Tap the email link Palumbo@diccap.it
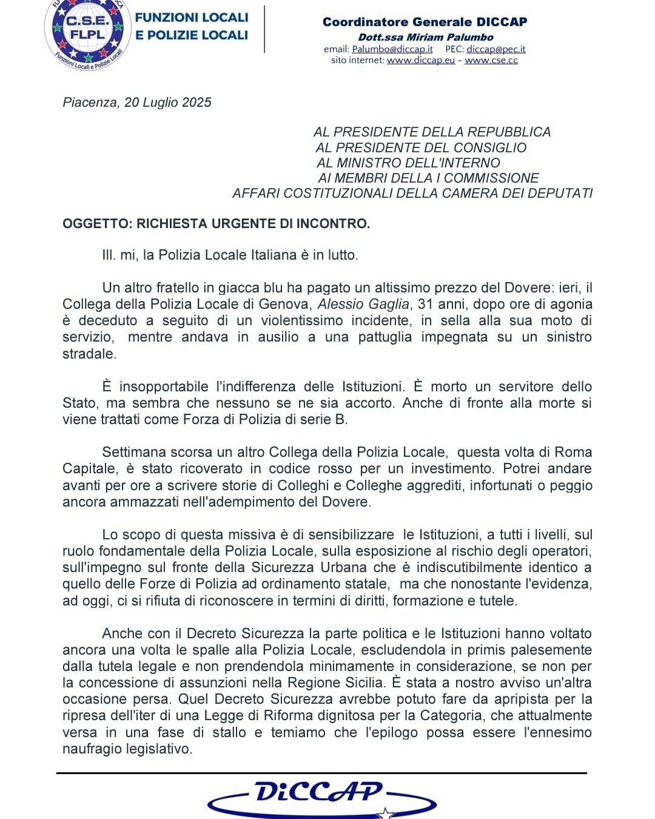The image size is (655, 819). click(392, 49)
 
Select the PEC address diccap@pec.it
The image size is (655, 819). click(495, 49)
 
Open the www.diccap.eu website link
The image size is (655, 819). click(420, 60)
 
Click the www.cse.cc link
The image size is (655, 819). click(491, 60)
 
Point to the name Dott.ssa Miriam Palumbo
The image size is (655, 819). click(426, 37)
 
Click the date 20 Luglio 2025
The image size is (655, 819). click(168, 103)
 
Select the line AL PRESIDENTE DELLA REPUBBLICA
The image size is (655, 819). click(432, 132)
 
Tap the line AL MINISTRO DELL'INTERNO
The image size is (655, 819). click(408, 163)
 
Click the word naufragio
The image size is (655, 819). click(92, 749)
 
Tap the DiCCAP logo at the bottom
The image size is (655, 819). click(321, 797)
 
